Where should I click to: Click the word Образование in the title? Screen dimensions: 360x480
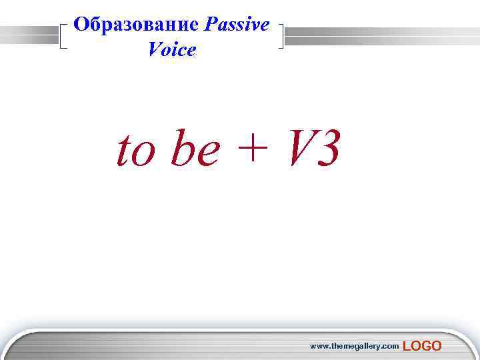(x=136, y=25)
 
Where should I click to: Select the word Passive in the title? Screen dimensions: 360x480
(x=237, y=25)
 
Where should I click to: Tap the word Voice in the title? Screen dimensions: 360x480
(x=173, y=49)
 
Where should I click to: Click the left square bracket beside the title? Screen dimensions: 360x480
(x=64, y=37)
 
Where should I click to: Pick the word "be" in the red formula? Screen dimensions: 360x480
(x=194, y=151)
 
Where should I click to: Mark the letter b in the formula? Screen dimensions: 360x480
(x=181, y=149)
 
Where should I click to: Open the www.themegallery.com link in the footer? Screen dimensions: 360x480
(x=354, y=345)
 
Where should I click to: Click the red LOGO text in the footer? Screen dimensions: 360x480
(x=422, y=345)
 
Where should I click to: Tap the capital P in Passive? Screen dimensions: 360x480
(x=212, y=25)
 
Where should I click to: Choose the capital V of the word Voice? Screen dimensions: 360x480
(x=155, y=49)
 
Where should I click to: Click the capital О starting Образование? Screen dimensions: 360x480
(x=81, y=25)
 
